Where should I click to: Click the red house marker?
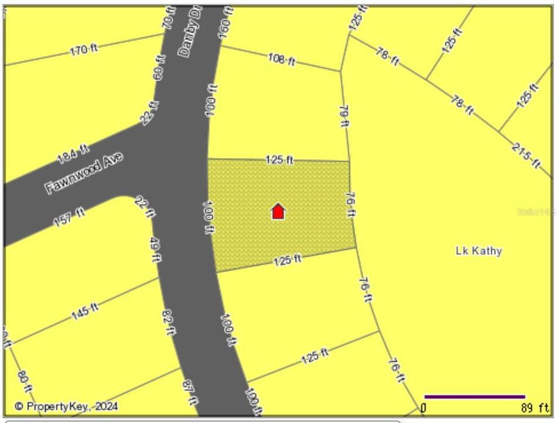[278, 211]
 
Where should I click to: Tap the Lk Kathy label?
[479, 251]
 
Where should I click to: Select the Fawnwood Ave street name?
[84, 173]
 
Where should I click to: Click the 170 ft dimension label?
[84, 50]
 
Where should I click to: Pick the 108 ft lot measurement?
[281, 59]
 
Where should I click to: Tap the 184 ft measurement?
[73, 154]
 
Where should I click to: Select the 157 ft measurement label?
[69, 219]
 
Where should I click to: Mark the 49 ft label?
[156, 249]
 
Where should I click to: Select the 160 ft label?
[226, 23]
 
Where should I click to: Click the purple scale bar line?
[474, 397]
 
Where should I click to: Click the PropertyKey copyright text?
[66, 406]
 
